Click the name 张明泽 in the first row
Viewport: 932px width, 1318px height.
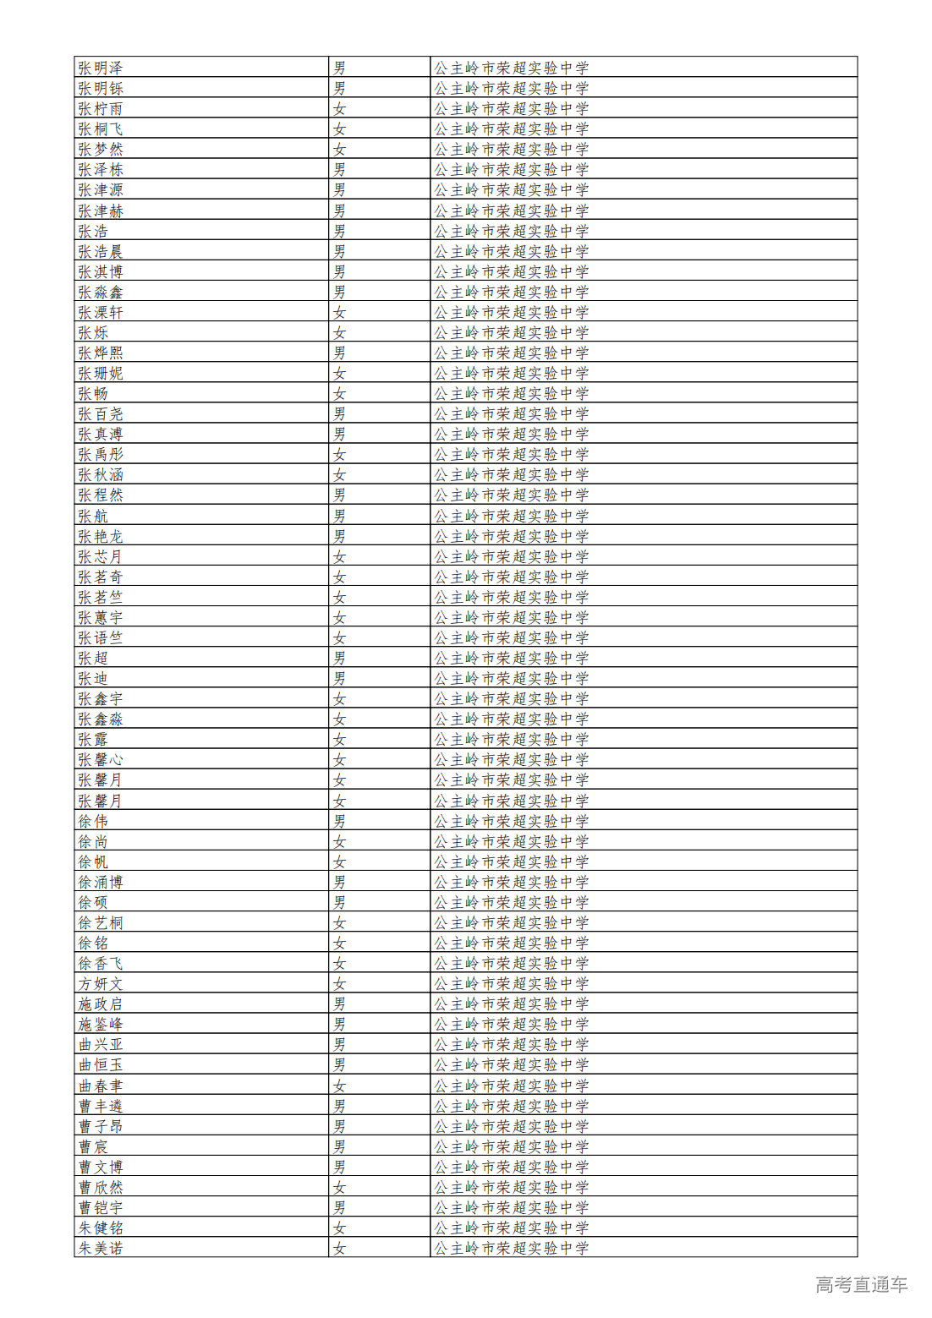click(x=101, y=68)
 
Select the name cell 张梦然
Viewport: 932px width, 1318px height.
click(x=101, y=149)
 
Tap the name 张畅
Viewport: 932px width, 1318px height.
click(x=93, y=393)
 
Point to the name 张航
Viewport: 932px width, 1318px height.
click(x=93, y=516)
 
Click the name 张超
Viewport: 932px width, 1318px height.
click(x=93, y=658)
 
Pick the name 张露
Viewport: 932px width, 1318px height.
click(x=93, y=740)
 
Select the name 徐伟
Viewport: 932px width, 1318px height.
click(x=93, y=821)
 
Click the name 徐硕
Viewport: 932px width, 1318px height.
click(x=93, y=902)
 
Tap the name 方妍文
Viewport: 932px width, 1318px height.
click(x=101, y=983)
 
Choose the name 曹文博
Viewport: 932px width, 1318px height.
click(x=101, y=1167)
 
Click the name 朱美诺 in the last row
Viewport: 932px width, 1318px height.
click(x=101, y=1248)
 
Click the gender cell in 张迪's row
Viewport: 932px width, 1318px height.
click(x=339, y=678)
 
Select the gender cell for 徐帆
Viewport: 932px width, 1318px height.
click(x=339, y=861)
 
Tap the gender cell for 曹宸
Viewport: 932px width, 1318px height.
click(x=339, y=1146)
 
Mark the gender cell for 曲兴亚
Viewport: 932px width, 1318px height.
click(x=339, y=1044)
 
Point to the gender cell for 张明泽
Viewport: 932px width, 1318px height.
click(x=339, y=68)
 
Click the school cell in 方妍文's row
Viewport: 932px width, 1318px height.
click(x=512, y=983)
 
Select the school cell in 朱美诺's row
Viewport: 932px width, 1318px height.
click(x=512, y=1248)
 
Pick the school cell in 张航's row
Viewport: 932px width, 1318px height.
click(x=512, y=516)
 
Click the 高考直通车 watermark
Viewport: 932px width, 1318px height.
click(x=861, y=1284)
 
